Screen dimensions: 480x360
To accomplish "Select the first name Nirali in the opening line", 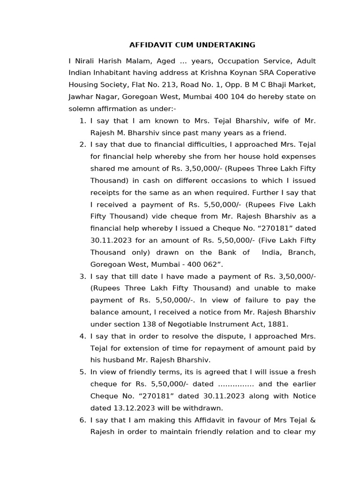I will [x=86, y=61].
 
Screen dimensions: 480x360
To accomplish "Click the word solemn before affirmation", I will [x=82, y=109].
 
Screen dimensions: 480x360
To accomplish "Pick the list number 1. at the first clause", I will [x=82, y=120].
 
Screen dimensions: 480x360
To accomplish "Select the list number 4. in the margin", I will [x=82, y=336].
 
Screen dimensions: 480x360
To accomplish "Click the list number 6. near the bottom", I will [x=82, y=420].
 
